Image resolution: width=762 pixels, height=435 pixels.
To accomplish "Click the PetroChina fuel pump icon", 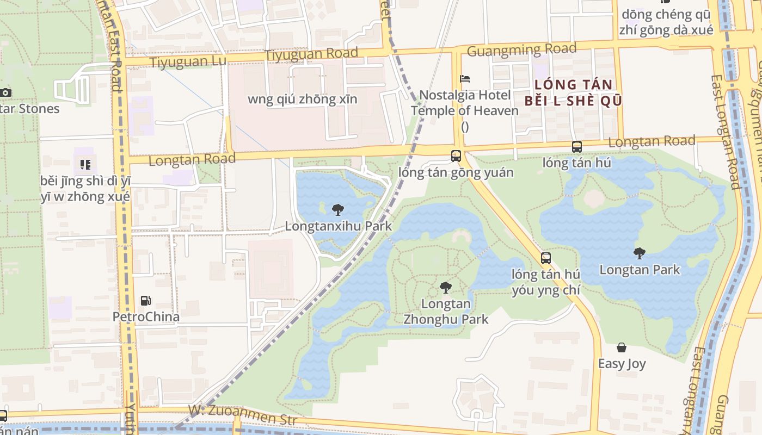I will coord(145,300).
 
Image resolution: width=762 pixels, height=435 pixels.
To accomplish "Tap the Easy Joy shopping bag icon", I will coord(622,347).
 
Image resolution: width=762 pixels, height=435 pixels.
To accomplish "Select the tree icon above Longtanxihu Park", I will coord(337,209).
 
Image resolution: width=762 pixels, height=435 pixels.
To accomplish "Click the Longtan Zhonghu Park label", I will coord(446,312).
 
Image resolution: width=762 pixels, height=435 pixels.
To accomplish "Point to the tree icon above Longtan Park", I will coord(640,253).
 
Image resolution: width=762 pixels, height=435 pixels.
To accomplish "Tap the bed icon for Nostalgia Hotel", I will coord(465,79).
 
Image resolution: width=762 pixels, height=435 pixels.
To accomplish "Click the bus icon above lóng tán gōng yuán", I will coord(456,156).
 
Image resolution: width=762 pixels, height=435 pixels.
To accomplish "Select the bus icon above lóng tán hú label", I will coord(577,146).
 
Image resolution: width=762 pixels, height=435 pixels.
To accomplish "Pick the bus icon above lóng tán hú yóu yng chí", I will coord(546,258).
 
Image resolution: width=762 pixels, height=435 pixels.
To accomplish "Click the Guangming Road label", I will coord(521,50).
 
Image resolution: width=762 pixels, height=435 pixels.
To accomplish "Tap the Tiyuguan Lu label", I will coord(188,61).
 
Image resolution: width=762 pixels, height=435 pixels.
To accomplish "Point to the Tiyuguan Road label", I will coord(311,54).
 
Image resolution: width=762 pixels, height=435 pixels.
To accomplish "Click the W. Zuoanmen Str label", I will coord(243,415).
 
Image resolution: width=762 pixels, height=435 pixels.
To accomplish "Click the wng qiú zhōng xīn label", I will coord(303,99).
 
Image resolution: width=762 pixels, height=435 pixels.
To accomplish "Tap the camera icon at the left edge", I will coord(5,92).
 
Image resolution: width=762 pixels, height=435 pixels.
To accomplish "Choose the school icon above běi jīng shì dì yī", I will coord(85,164).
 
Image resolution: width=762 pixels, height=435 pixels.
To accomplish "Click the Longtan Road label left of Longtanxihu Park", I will coord(192,159).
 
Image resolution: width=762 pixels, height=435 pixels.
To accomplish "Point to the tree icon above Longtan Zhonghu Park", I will coord(446,287).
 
